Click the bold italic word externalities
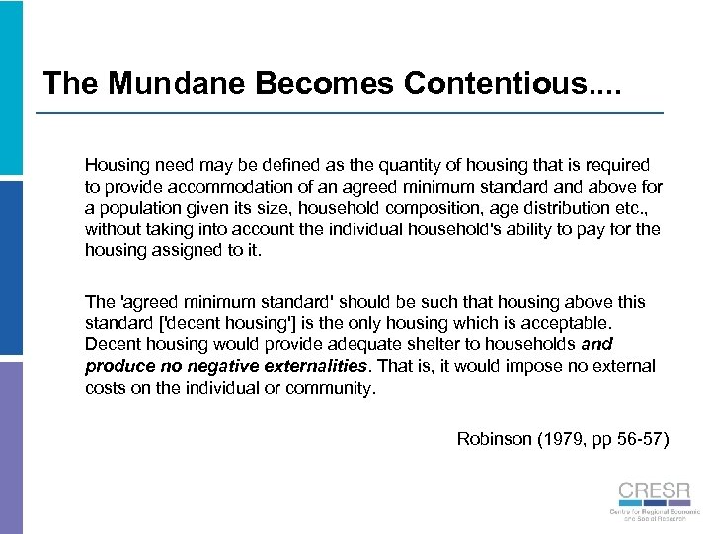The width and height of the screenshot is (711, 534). tap(308, 366)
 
